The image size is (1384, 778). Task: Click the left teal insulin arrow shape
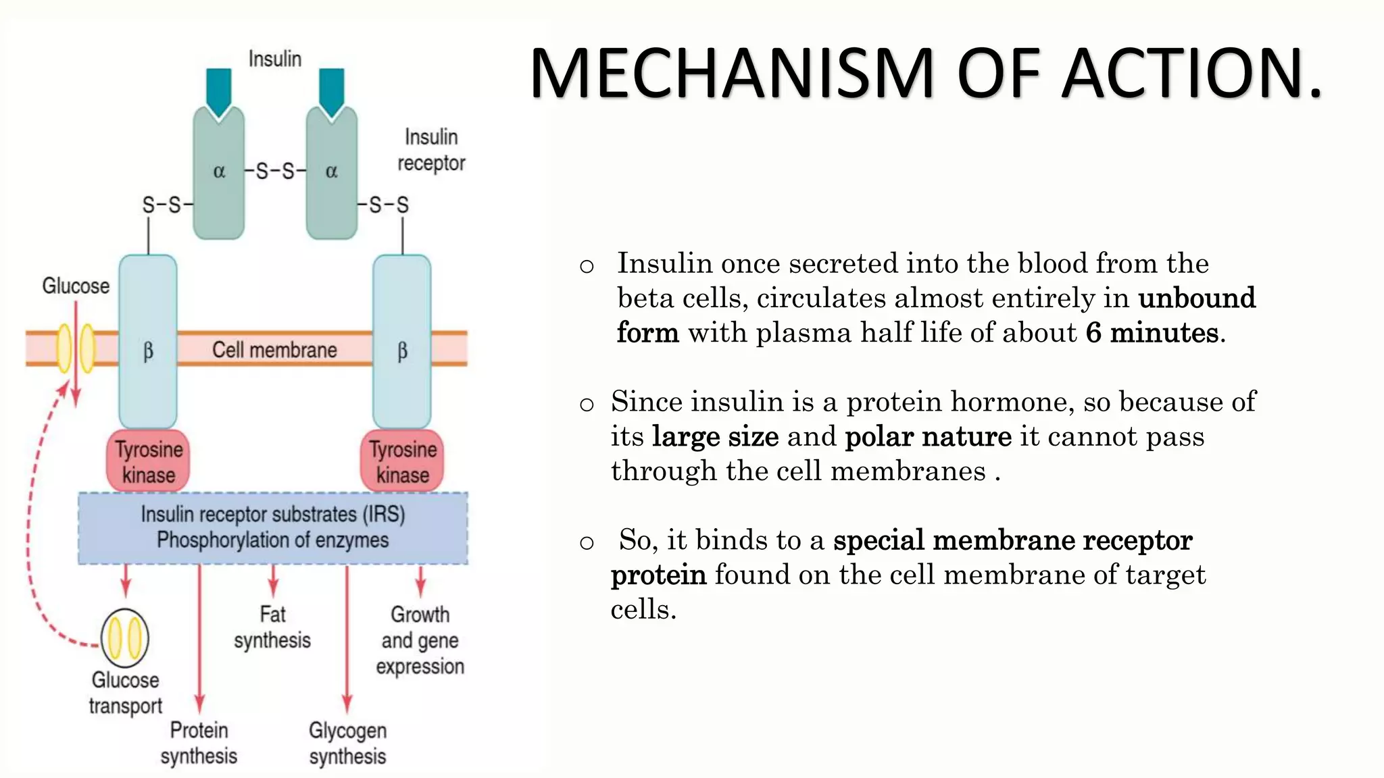tap(219, 91)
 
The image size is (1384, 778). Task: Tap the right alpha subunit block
tap(331, 172)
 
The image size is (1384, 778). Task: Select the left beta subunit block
tap(148, 341)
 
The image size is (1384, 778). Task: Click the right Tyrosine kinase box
tap(402, 462)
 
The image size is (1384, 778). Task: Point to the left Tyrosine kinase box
tap(148, 462)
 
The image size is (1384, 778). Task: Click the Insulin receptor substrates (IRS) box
tap(273, 527)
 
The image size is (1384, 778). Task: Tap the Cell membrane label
tap(274, 350)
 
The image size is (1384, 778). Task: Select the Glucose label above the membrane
tap(76, 286)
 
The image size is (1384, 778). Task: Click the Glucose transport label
tap(126, 693)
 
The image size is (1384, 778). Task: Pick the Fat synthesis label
tap(272, 627)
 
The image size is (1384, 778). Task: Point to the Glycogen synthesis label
tap(347, 743)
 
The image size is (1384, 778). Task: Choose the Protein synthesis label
tap(199, 743)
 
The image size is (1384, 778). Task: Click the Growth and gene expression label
tap(420, 640)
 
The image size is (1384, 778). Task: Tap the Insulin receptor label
tap(431, 150)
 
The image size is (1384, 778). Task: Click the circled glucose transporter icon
tap(125, 638)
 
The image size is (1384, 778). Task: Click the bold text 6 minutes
tap(1153, 333)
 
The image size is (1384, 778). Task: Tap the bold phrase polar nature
tap(928, 436)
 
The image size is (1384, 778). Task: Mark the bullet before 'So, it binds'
tap(587, 542)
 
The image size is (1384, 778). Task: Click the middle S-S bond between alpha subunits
tap(275, 172)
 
